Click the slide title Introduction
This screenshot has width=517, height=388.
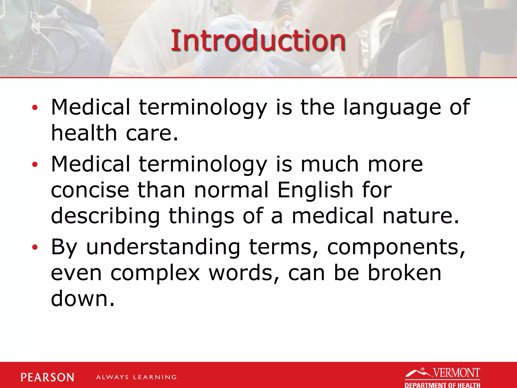pyautogui.click(x=258, y=40)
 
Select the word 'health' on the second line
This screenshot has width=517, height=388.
pyautogui.click(x=84, y=133)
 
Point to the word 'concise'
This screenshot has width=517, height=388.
pyautogui.click(x=90, y=190)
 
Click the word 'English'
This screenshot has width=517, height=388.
pyautogui.click(x=315, y=190)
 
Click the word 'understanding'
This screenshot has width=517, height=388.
pyautogui.click(x=163, y=247)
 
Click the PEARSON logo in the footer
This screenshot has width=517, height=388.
pyautogui.click(x=47, y=377)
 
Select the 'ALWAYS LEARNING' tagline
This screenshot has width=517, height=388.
pyautogui.click(x=136, y=377)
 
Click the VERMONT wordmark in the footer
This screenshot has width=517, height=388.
pyautogui.click(x=456, y=373)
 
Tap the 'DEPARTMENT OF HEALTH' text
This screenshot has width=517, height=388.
pyautogui.click(x=442, y=385)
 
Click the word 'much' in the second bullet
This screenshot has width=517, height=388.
pyautogui.click(x=330, y=164)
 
